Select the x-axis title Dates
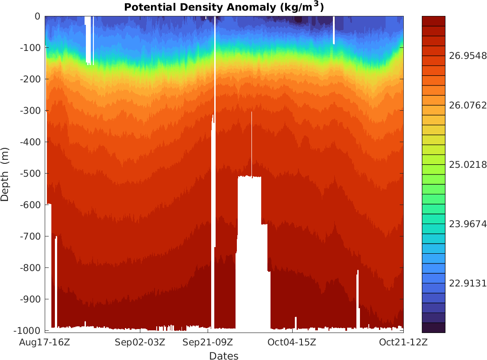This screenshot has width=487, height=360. coord(224,356)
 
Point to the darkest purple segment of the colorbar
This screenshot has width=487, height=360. coord(433,328)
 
